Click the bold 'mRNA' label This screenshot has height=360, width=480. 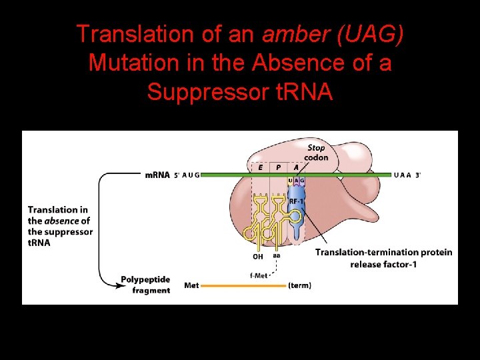[157, 175]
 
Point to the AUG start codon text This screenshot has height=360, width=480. [191, 175]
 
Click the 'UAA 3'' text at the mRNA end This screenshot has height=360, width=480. [407, 175]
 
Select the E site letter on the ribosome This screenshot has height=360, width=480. [260, 168]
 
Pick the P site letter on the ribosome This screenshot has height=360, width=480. [278, 168]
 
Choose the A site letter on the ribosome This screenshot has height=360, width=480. [296, 168]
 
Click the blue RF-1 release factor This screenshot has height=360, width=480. [297, 213]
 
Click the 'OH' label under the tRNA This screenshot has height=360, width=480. [257, 256]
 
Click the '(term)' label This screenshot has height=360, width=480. [299, 286]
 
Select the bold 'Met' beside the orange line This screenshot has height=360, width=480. [191, 286]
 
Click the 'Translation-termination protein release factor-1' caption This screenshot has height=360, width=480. [383, 258]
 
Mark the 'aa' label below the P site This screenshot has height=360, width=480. [276, 255]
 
